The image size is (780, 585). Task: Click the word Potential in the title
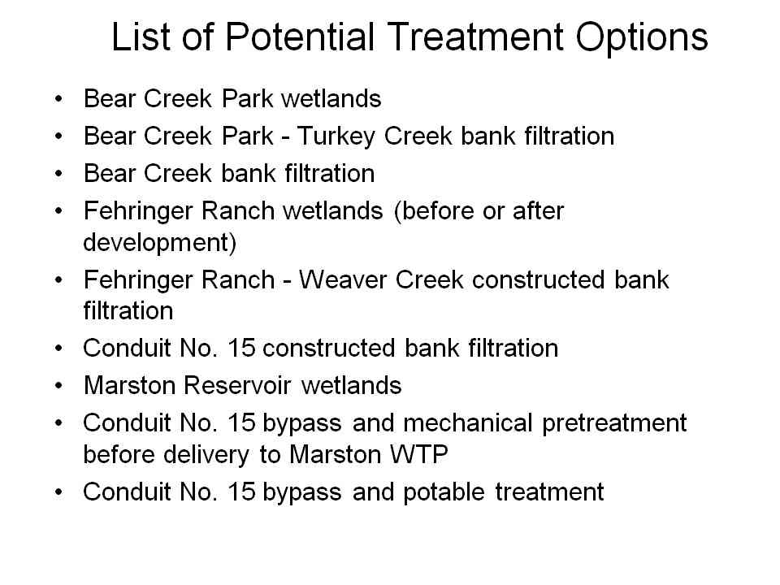[x=300, y=37]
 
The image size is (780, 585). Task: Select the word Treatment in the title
[x=475, y=37]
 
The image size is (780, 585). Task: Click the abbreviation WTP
[x=418, y=454]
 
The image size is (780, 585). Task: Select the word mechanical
[x=468, y=422]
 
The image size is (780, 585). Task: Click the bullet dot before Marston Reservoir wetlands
[x=58, y=386]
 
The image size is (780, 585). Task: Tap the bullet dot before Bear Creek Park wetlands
[x=58, y=99]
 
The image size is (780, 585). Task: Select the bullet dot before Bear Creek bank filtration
[x=58, y=174]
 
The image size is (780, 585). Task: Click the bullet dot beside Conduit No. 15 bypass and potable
[x=58, y=492]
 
